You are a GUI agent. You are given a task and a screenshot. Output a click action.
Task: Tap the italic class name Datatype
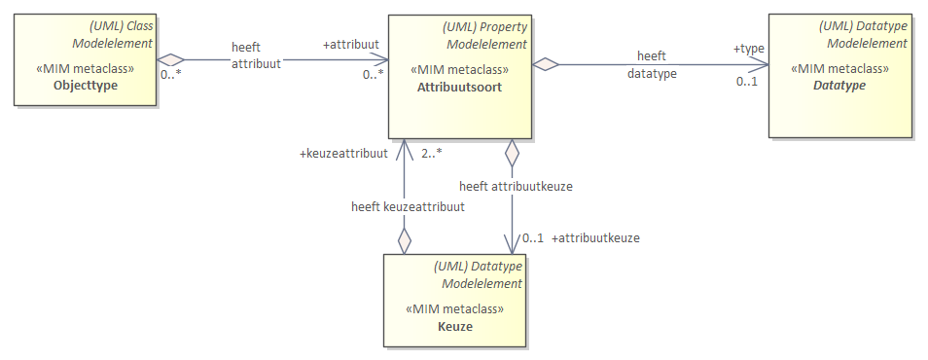coord(841,86)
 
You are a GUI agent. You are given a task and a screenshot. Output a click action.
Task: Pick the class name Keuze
coord(455,326)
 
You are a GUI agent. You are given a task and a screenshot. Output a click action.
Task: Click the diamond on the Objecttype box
coord(171,59)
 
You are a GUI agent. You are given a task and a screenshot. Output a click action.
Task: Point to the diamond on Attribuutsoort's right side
coord(546,64)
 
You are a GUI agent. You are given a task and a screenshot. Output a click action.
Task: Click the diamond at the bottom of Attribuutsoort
coord(510,153)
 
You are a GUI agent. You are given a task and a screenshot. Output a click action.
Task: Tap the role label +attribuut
coord(351,46)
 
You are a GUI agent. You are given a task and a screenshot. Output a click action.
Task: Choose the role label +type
coord(749,48)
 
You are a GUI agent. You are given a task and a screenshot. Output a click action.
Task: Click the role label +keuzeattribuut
coord(344,153)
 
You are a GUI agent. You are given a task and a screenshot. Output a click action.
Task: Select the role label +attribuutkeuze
coord(595,237)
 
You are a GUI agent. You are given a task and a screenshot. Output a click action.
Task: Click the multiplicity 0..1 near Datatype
coord(746,81)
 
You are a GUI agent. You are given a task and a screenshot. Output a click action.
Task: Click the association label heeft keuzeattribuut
coord(408,206)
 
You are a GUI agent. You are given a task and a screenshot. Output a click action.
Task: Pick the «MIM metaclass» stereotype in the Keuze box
coord(454,308)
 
